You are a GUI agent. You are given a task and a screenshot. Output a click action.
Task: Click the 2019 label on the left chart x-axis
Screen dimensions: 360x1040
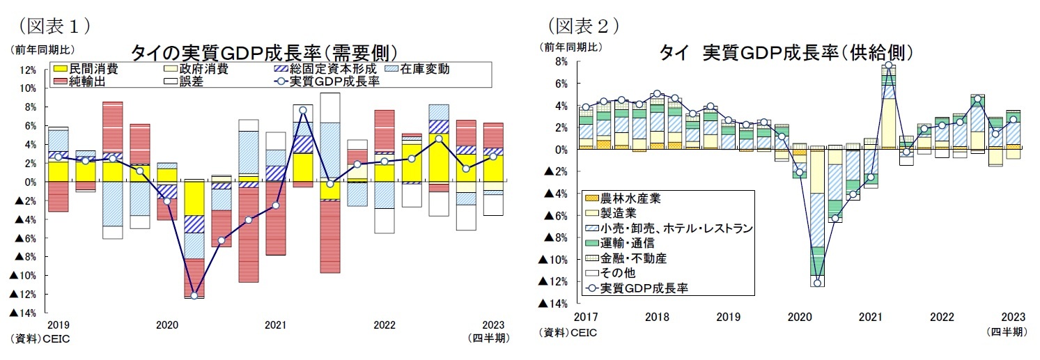pyautogui.click(x=59, y=325)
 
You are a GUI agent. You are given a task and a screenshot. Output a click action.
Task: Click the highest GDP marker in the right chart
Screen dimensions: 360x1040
pyautogui.click(x=889, y=65)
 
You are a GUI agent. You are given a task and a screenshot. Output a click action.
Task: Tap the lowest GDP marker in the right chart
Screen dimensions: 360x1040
pyautogui.click(x=817, y=283)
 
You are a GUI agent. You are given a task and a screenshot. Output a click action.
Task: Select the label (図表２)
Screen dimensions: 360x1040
pyautogui.click(x=582, y=26)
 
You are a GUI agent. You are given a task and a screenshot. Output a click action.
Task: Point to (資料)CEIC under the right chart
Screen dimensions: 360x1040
pyautogui.click(x=568, y=333)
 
